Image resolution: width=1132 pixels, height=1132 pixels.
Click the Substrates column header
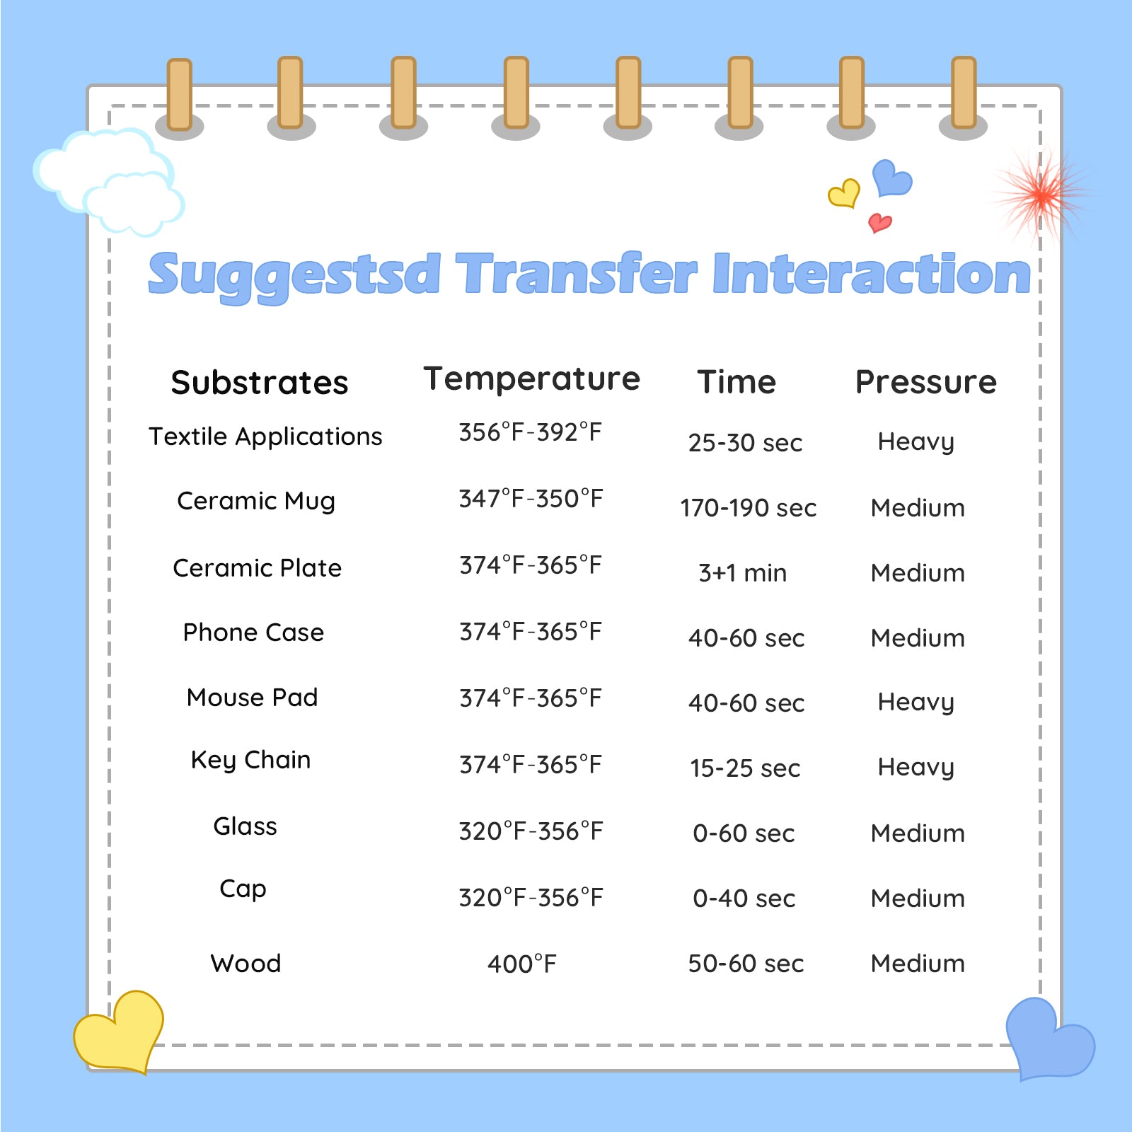point(260,383)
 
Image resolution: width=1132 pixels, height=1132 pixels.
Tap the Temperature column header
point(531,379)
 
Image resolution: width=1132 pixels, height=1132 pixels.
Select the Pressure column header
point(926,382)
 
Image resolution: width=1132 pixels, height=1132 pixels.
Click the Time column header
point(737,382)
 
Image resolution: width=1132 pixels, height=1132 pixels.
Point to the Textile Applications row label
point(265,437)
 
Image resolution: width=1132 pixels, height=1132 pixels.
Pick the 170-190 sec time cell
point(749,508)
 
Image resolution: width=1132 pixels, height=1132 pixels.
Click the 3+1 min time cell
point(742,573)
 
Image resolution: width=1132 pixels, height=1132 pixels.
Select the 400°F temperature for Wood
point(522,964)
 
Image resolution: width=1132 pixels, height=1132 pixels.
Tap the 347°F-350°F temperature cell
point(531,499)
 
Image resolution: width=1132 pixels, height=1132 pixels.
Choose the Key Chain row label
point(250,761)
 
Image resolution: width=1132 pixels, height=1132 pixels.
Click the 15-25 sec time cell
point(745,768)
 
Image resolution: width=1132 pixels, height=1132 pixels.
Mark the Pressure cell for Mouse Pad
point(916,703)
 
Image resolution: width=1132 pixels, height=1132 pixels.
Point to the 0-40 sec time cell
point(744,899)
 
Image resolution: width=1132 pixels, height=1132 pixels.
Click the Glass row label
point(245,826)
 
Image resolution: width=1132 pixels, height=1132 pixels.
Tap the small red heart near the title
point(879,223)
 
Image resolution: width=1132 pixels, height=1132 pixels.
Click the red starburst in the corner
point(1041,192)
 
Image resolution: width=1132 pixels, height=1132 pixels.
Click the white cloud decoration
point(109,183)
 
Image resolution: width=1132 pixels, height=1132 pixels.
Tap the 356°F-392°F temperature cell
point(530,432)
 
